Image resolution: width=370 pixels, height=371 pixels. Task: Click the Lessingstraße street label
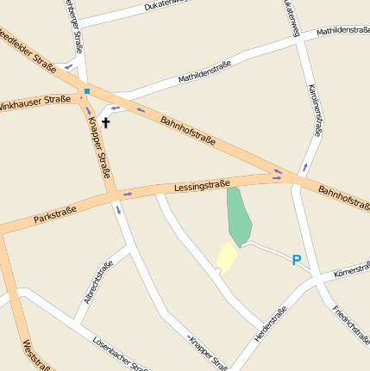pyautogui.click(x=202, y=184)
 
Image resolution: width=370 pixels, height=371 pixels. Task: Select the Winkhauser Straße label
pyautogui.click(x=34, y=101)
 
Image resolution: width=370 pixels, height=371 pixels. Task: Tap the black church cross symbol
pyautogui.click(x=106, y=122)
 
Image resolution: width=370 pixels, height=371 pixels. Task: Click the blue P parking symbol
pyautogui.click(x=296, y=260)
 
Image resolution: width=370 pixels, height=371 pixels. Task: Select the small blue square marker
pyautogui.click(x=86, y=90)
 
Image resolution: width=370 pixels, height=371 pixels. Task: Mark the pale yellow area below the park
pyautogui.click(x=226, y=257)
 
